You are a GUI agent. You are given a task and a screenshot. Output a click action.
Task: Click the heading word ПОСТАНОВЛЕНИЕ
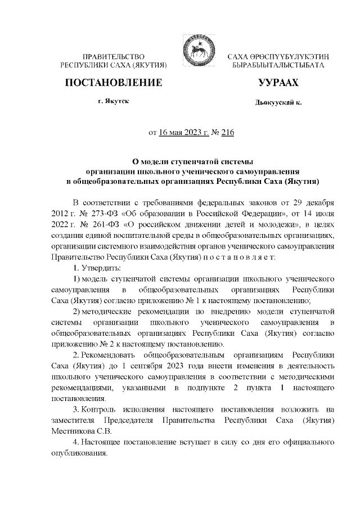(114, 83)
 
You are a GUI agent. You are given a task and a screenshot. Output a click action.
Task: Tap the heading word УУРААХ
(278, 83)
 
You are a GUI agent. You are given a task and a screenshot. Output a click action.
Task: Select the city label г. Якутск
(113, 103)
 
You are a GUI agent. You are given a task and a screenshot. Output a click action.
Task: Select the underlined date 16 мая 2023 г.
(183, 133)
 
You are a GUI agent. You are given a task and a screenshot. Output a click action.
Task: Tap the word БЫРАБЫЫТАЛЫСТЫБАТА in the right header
(278, 66)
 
